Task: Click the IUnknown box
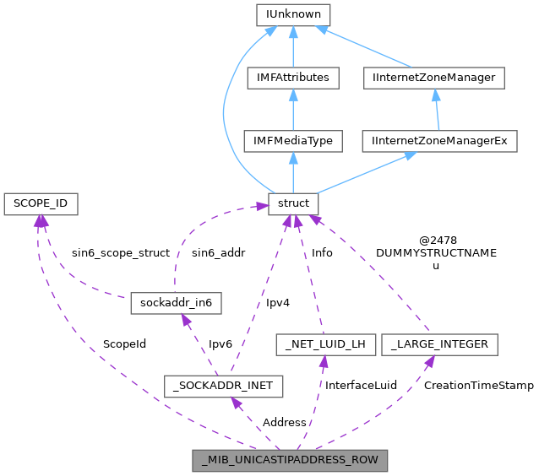293,14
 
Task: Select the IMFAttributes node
293,78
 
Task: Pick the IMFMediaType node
293,141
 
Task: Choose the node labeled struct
293,203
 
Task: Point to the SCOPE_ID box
41,203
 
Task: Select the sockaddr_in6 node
176,302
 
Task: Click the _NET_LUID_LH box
325,344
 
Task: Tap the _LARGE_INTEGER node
439,344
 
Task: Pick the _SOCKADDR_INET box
223,387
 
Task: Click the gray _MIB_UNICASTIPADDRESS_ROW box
291,461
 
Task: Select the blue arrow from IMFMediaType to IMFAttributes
293,110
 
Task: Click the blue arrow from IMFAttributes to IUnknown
293,46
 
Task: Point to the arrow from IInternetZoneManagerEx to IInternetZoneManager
436,110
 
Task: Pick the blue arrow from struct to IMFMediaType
293,173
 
